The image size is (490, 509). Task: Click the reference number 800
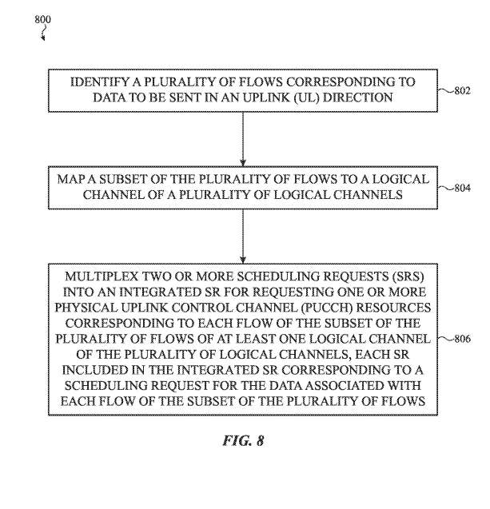point(43,19)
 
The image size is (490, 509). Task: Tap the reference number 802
point(462,90)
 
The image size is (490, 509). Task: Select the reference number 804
point(462,188)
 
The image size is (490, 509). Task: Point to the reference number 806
point(462,339)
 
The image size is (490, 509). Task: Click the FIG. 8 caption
point(243,440)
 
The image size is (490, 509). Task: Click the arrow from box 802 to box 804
point(243,139)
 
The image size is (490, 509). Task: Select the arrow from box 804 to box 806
point(243,237)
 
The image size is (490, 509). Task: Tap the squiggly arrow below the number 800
point(43,33)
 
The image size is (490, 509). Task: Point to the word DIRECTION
point(358,97)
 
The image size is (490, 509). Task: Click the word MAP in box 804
point(70,179)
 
